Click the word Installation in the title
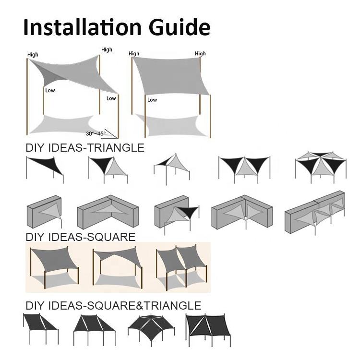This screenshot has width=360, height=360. point(83,27)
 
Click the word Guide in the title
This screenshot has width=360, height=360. point(180,27)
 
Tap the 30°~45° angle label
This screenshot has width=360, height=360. point(96,133)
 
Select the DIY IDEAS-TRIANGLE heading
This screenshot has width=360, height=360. point(85,148)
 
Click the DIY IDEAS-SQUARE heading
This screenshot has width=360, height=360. point(81,237)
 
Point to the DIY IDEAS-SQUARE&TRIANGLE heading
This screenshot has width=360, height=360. point(113,306)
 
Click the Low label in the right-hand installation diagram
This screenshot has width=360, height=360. point(152,100)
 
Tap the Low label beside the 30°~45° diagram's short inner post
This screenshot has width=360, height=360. point(50,90)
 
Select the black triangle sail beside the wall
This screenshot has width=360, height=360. point(188,212)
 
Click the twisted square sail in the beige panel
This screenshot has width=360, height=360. point(118,267)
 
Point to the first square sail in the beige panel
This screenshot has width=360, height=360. point(55,267)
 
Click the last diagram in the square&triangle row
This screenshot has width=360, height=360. point(208,330)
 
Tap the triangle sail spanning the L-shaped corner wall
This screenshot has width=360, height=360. point(108,212)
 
